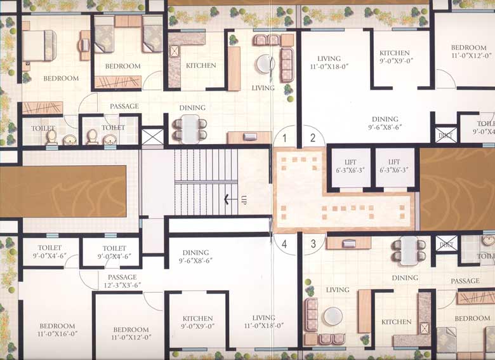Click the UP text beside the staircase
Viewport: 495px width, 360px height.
(243, 200)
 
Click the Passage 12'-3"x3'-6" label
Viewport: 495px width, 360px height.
(122, 281)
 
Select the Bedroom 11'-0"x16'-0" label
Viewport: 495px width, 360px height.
(48, 333)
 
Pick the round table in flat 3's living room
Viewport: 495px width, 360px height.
(333, 316)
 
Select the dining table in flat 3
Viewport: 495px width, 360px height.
(409, 250)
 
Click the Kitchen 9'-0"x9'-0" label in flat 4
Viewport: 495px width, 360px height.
(197, 322)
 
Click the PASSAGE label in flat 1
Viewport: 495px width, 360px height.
(124, 106)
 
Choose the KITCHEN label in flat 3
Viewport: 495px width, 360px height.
(396, 322)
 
